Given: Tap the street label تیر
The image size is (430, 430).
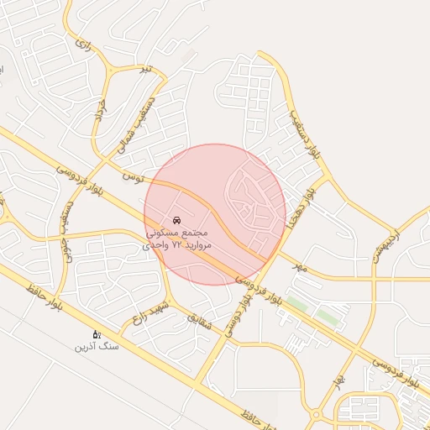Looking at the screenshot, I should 148,67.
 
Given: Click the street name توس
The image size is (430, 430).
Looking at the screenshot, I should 133,177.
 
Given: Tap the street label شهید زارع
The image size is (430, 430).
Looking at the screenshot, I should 149,314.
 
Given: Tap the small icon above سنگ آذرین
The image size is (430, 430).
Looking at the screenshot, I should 97,334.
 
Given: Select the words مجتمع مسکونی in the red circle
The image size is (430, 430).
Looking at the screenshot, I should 176,231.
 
